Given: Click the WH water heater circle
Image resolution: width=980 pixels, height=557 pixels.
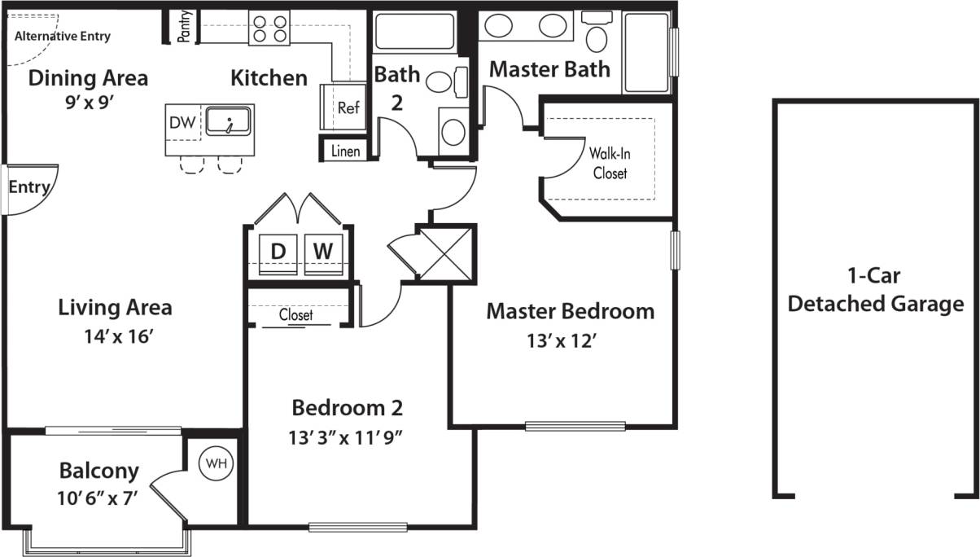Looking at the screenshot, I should point(216,463).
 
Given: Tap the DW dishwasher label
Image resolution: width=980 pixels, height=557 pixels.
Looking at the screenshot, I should point(182,122).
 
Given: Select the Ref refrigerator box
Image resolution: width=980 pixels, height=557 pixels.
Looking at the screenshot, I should point(348,107).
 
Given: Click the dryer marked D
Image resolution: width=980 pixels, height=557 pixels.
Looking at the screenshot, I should point(278,252).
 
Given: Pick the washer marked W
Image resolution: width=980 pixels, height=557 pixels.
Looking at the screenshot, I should point(323,252).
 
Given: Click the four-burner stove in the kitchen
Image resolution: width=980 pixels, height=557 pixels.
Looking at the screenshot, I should point(269,29).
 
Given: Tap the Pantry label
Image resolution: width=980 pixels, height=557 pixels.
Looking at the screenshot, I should point(185,25).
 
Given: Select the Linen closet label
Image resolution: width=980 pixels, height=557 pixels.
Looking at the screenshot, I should point(347,151).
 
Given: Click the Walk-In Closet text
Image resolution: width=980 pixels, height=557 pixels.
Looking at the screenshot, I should point(610,162).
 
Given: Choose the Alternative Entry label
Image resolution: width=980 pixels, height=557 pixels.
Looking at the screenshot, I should point(63,37).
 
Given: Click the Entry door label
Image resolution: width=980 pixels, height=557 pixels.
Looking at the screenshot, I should point(28,187).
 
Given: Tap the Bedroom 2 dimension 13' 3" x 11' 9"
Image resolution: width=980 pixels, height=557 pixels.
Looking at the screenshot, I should point(348,437).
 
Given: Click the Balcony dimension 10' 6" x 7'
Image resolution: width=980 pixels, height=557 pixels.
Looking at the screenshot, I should point(98,498).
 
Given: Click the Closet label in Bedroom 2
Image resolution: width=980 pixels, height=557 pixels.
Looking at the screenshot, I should point(295,314).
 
